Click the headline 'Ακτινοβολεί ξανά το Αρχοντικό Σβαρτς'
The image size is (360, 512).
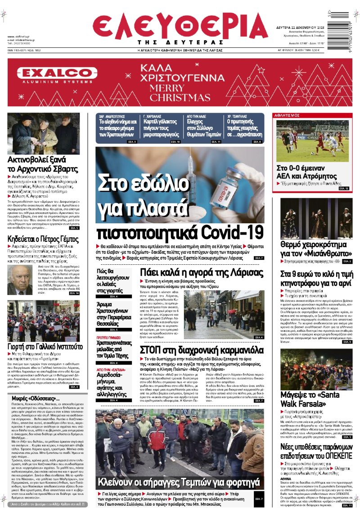click(37, 164)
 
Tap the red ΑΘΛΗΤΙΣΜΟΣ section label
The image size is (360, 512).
click(287, 115)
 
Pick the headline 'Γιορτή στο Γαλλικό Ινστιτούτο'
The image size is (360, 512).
click(45, 346)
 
